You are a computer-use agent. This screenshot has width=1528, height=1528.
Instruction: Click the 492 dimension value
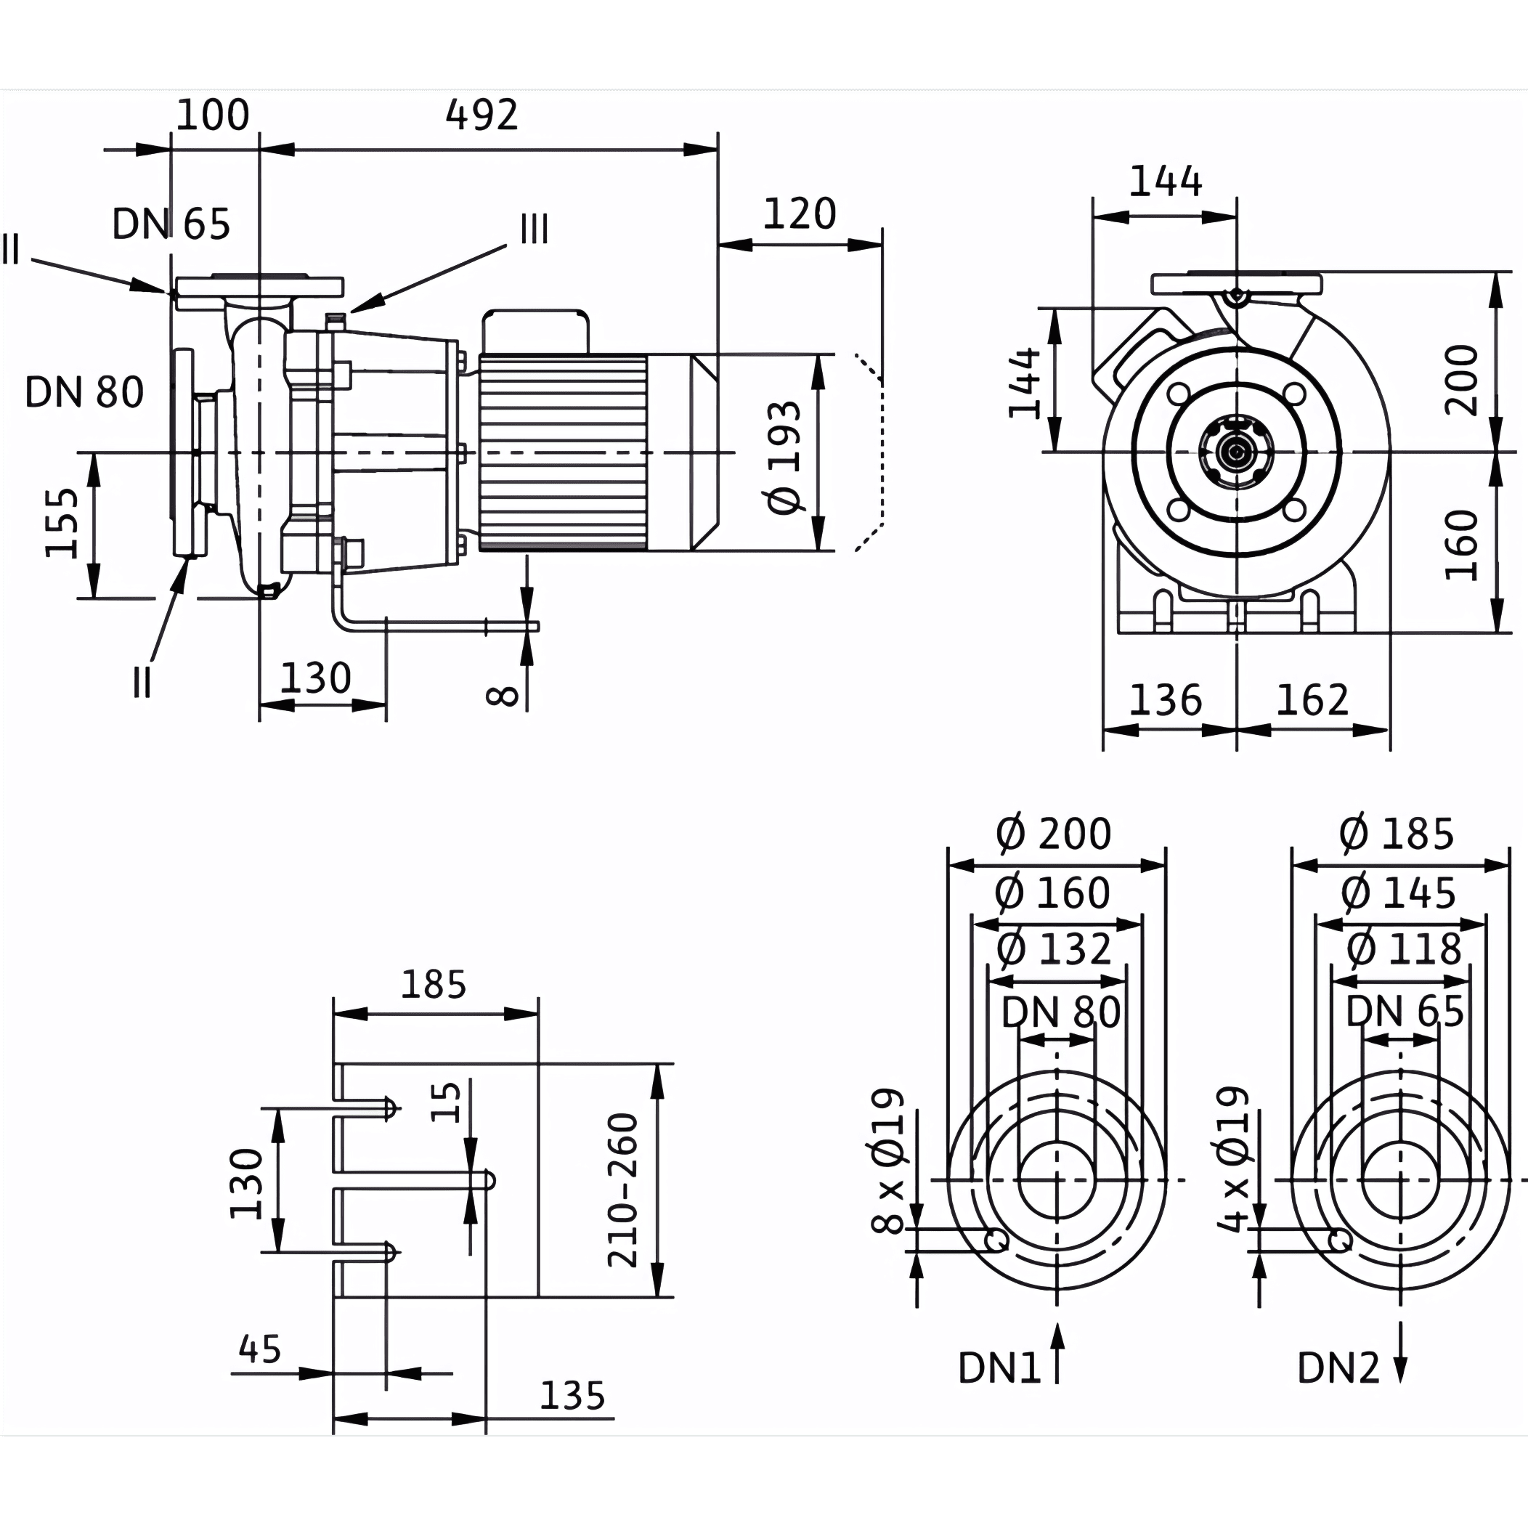click(x=481, y=115)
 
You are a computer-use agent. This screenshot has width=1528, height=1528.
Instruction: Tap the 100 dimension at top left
click(x=212, y=115)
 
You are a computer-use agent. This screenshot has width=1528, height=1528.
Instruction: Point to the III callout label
click(x=534, y=229)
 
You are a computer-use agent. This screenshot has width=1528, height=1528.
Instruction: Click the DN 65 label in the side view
click(x=171, y=224)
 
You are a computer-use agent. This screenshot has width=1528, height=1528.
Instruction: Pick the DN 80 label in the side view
click(x=84, y=392)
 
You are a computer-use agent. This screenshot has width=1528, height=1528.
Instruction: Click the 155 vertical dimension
click(x=62, y=524)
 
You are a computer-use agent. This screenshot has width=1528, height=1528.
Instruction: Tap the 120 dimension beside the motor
click(x=799, y=214)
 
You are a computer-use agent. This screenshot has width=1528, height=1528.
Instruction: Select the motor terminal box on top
click(x=535, y=331)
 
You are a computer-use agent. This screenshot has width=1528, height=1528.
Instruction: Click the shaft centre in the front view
click(x=1235, y=452)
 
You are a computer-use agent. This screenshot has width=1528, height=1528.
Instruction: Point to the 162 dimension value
click(x=1312, y=700)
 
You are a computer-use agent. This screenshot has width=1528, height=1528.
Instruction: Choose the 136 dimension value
click(x=1165, y=700)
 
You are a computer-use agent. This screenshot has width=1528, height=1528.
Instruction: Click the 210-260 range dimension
click(x=622, y=1190)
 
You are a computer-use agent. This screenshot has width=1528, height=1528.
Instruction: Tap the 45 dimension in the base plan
click(x=260, y=1349)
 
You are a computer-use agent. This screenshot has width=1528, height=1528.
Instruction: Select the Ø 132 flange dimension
click(x=1054, y=948)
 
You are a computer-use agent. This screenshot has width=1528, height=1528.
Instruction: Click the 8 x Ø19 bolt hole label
click(x=887, y=1161)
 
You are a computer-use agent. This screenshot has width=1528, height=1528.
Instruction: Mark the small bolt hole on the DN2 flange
click(x=1340, y=1241)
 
